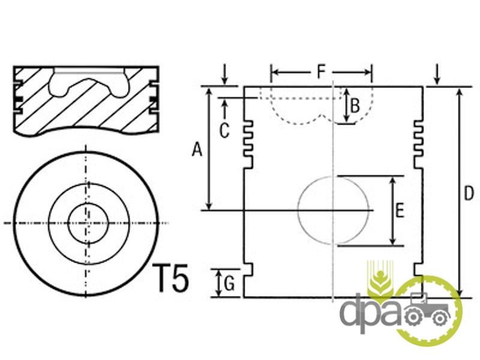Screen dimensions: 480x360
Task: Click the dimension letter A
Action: coord(197,150)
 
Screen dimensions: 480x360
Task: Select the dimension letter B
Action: coord(355,106)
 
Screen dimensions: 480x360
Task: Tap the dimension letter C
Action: coord(224,131)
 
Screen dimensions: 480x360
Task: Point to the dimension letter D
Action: coord(469,193)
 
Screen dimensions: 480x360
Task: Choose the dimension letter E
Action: coord(400,211)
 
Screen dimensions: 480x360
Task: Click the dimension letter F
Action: coord(321,71)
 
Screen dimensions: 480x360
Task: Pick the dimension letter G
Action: coord(229,283)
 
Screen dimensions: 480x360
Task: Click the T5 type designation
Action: coord(171,278)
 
